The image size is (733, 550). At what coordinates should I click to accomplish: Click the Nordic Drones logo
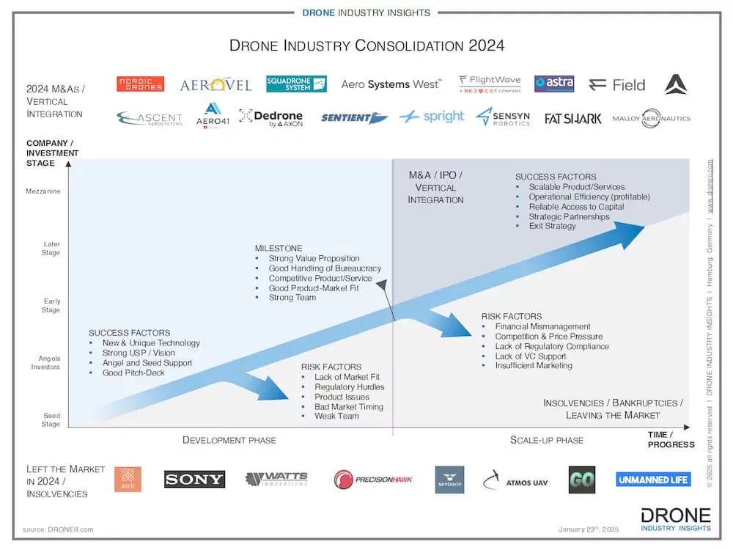pyautogui.click(x=140, y=84)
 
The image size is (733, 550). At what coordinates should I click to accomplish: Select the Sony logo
pyautogui.click(x=194, y=480)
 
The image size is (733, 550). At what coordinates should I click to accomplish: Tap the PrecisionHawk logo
pyautogui.click(x=373, y=480)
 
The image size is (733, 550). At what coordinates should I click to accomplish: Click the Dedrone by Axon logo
pyautogui.click(x=270, y=117)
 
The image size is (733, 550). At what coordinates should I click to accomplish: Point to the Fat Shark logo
pyautogui.click(x=572, y=118)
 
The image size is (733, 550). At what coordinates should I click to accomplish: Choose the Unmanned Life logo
pyautogui.click(x=653, y=480)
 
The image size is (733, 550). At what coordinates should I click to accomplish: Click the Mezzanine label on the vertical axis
pyautogui.click(x=43, y=191)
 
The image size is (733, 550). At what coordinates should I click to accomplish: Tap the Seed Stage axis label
pyautogui.click(x=51, y=419)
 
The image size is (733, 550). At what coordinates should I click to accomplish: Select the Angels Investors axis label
pyautogui.click(x=49, y=362)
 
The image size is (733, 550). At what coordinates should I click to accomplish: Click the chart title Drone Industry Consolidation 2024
pyautogui.click(x=366, y=45)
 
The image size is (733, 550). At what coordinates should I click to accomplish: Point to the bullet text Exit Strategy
pyautogui.click(x=552, y=226)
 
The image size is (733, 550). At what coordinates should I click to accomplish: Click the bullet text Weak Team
pyautogui.click(x=336, y=416)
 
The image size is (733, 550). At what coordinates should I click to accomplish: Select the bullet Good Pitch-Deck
pyautogui.click(x=133, y=373)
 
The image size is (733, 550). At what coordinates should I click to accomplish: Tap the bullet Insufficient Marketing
pyautogui.click(x=533, y=365)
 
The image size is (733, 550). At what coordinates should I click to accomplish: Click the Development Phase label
pyautogui.click(x=229, y=440)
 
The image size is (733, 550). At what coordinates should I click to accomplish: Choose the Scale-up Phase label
pyautogui.click(x=546, y=440)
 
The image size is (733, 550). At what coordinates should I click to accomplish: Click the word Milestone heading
pyautogui.click(x=279, y=248)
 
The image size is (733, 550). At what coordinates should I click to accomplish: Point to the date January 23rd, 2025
pyautogui.click(x=589, y=529)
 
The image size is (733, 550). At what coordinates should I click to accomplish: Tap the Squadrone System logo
pyautogui.click(x=296, y=84)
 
